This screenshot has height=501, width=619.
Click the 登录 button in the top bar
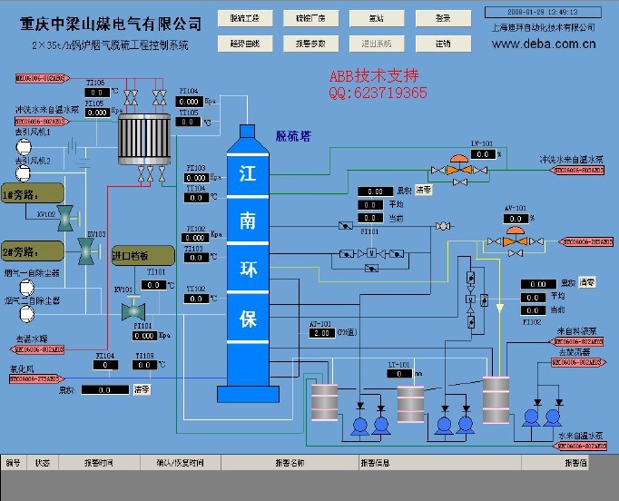442,17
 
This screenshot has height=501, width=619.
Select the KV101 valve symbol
128,309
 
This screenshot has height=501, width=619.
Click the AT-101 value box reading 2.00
322,333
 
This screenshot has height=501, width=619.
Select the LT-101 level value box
399,373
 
